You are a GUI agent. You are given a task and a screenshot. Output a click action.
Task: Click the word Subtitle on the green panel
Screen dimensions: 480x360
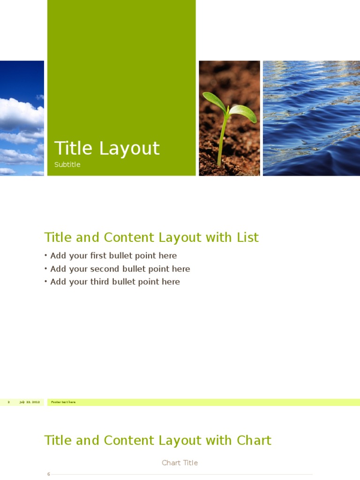(x=67, y=165)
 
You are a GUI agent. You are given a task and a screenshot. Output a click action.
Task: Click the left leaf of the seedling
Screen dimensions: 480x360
(x=214, y=101)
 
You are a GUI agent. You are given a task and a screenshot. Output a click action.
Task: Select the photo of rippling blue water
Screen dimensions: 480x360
(x=311, y=118)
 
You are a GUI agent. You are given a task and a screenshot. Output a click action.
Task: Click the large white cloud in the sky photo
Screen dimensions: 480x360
(x=19, y=115)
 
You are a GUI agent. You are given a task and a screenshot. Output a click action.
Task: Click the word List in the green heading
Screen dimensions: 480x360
(x=247, y=238)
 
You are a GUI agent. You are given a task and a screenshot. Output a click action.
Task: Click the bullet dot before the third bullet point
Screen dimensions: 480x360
(x=46, y=282)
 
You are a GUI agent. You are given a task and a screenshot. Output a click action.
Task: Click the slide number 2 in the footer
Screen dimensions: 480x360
(x=8, y=402)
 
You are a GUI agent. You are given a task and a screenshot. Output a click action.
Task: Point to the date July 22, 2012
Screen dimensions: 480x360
(x=30, y=402)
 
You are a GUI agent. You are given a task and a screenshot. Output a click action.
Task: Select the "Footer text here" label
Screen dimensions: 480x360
(x=63, y=402)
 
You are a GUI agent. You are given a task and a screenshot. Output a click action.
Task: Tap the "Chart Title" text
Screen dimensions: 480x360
(x=180, y=463)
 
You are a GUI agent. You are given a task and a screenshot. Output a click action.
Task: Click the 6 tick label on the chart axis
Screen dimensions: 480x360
(x=48, y=474)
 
